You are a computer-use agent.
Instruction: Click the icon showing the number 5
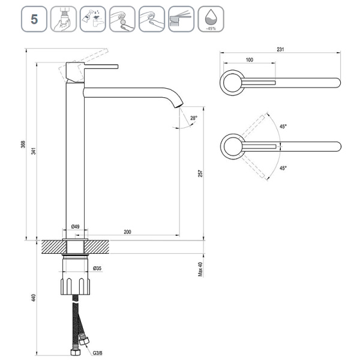coord(34,19)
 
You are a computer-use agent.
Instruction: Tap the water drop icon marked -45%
coord(211,19)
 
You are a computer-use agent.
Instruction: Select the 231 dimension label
coord(280,49)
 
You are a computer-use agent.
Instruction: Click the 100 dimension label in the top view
coord(250,59)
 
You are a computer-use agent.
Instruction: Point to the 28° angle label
coord(194,118)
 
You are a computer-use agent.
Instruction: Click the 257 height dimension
coord(200,173)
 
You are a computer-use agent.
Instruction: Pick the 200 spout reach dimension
coord(127,232)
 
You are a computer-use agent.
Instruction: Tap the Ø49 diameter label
coord(76,227)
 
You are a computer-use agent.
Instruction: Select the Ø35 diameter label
coord(97,268)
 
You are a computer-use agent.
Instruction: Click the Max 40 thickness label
coord(200,269)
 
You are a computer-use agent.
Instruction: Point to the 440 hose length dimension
coord(34,298)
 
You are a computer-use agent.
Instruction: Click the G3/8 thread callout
coord(97,353)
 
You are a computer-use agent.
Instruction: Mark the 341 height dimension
coord(34,151)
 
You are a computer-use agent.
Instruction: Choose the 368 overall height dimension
coord(23,144)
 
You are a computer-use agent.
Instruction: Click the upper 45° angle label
coord(283,127)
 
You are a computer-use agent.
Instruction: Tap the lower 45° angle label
coord(283,168)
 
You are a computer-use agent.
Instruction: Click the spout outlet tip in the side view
coord(179,106)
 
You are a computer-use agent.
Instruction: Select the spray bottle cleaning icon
coord(93,19)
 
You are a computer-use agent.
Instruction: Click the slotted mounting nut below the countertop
coord(76,286)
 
